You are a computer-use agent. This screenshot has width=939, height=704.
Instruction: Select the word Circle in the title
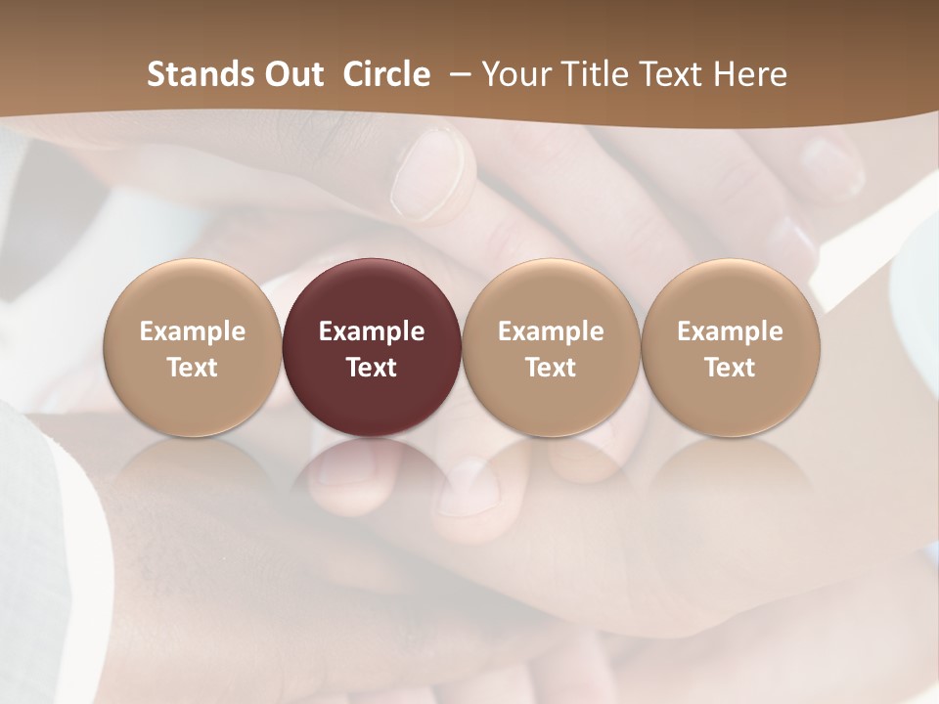pos(386,74)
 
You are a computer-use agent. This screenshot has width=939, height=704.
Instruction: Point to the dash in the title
pos(457,74)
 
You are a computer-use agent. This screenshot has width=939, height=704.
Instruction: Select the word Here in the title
pos(752,74)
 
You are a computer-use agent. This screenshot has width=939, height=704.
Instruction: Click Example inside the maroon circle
pos(372,331)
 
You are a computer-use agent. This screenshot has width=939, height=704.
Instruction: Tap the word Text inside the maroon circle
pos(372,368)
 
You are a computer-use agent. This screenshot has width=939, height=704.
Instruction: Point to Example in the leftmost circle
pos(193,331)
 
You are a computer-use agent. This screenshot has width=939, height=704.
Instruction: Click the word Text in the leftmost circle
pos(193,368)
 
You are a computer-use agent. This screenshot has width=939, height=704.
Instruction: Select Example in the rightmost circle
pos(731,331)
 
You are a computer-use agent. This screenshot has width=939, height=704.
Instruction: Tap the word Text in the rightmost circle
pos(731,368)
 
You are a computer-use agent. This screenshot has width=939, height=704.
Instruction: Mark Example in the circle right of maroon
pos(551,331)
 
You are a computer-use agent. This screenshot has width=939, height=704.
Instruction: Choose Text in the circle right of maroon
pos(551,368)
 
